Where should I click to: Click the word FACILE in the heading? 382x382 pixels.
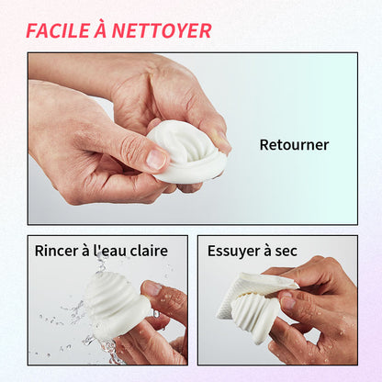[x=58, y=30]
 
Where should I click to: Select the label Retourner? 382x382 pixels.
[x=293, y=144]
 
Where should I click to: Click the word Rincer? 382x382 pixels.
[x=56, y=251]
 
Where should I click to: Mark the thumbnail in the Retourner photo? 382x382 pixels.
[x=157, y=158]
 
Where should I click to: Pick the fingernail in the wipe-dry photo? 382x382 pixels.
[x=290, y=301]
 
